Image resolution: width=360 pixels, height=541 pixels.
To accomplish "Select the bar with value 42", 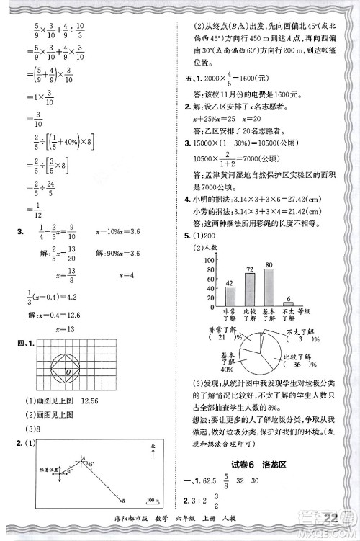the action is tap(230, 296).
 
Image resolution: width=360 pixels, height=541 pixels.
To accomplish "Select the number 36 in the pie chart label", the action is tap(292, 363).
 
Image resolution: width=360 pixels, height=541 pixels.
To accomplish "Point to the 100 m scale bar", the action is tap(152, 498).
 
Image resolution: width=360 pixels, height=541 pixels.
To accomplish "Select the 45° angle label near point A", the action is tap(91, 465).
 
